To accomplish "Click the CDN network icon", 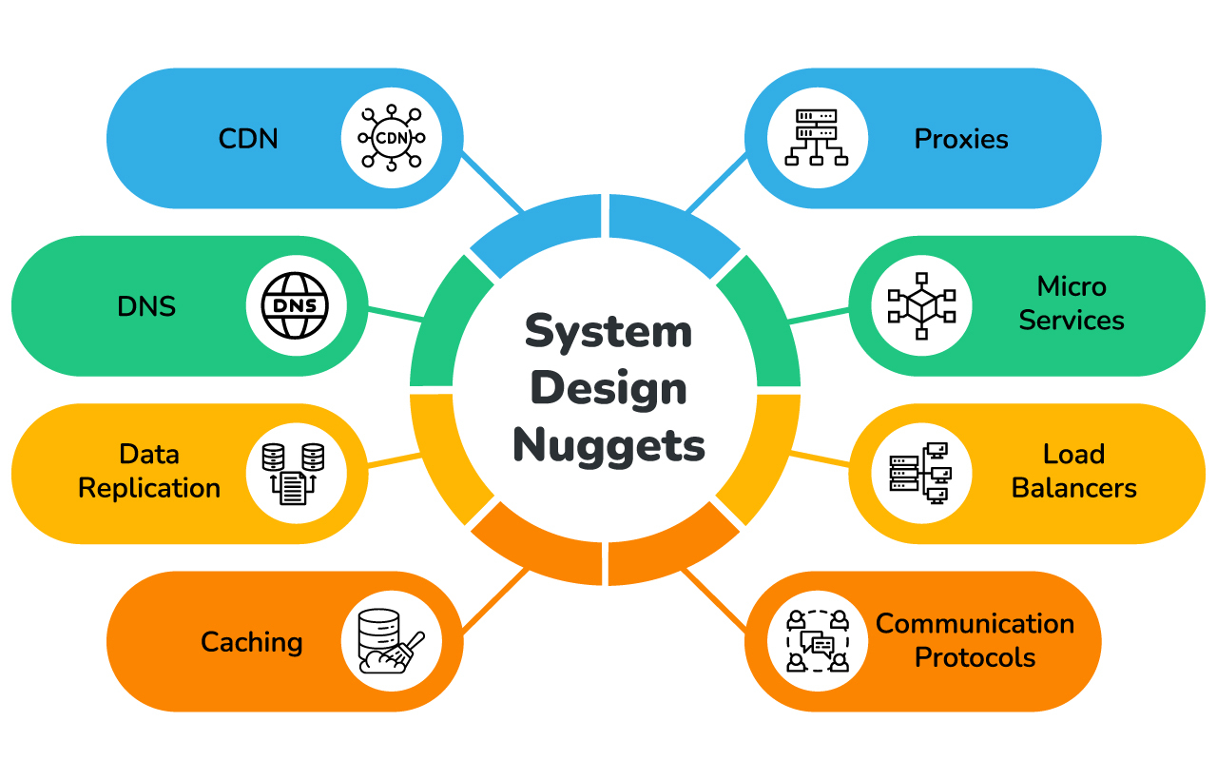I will point(391,139).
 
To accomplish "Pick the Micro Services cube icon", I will point(920,306).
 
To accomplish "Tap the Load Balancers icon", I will point(920,474).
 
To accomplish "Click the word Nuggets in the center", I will point(608,445).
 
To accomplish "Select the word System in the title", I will point(608,332).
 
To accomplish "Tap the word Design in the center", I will point(608,388).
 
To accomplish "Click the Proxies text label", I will point(961,139).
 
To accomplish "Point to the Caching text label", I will point(252,642).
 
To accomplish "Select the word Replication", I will point(149,489).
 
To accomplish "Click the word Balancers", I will point(1073,489).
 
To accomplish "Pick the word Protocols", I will point(975,657).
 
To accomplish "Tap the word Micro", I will point(1072,286).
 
